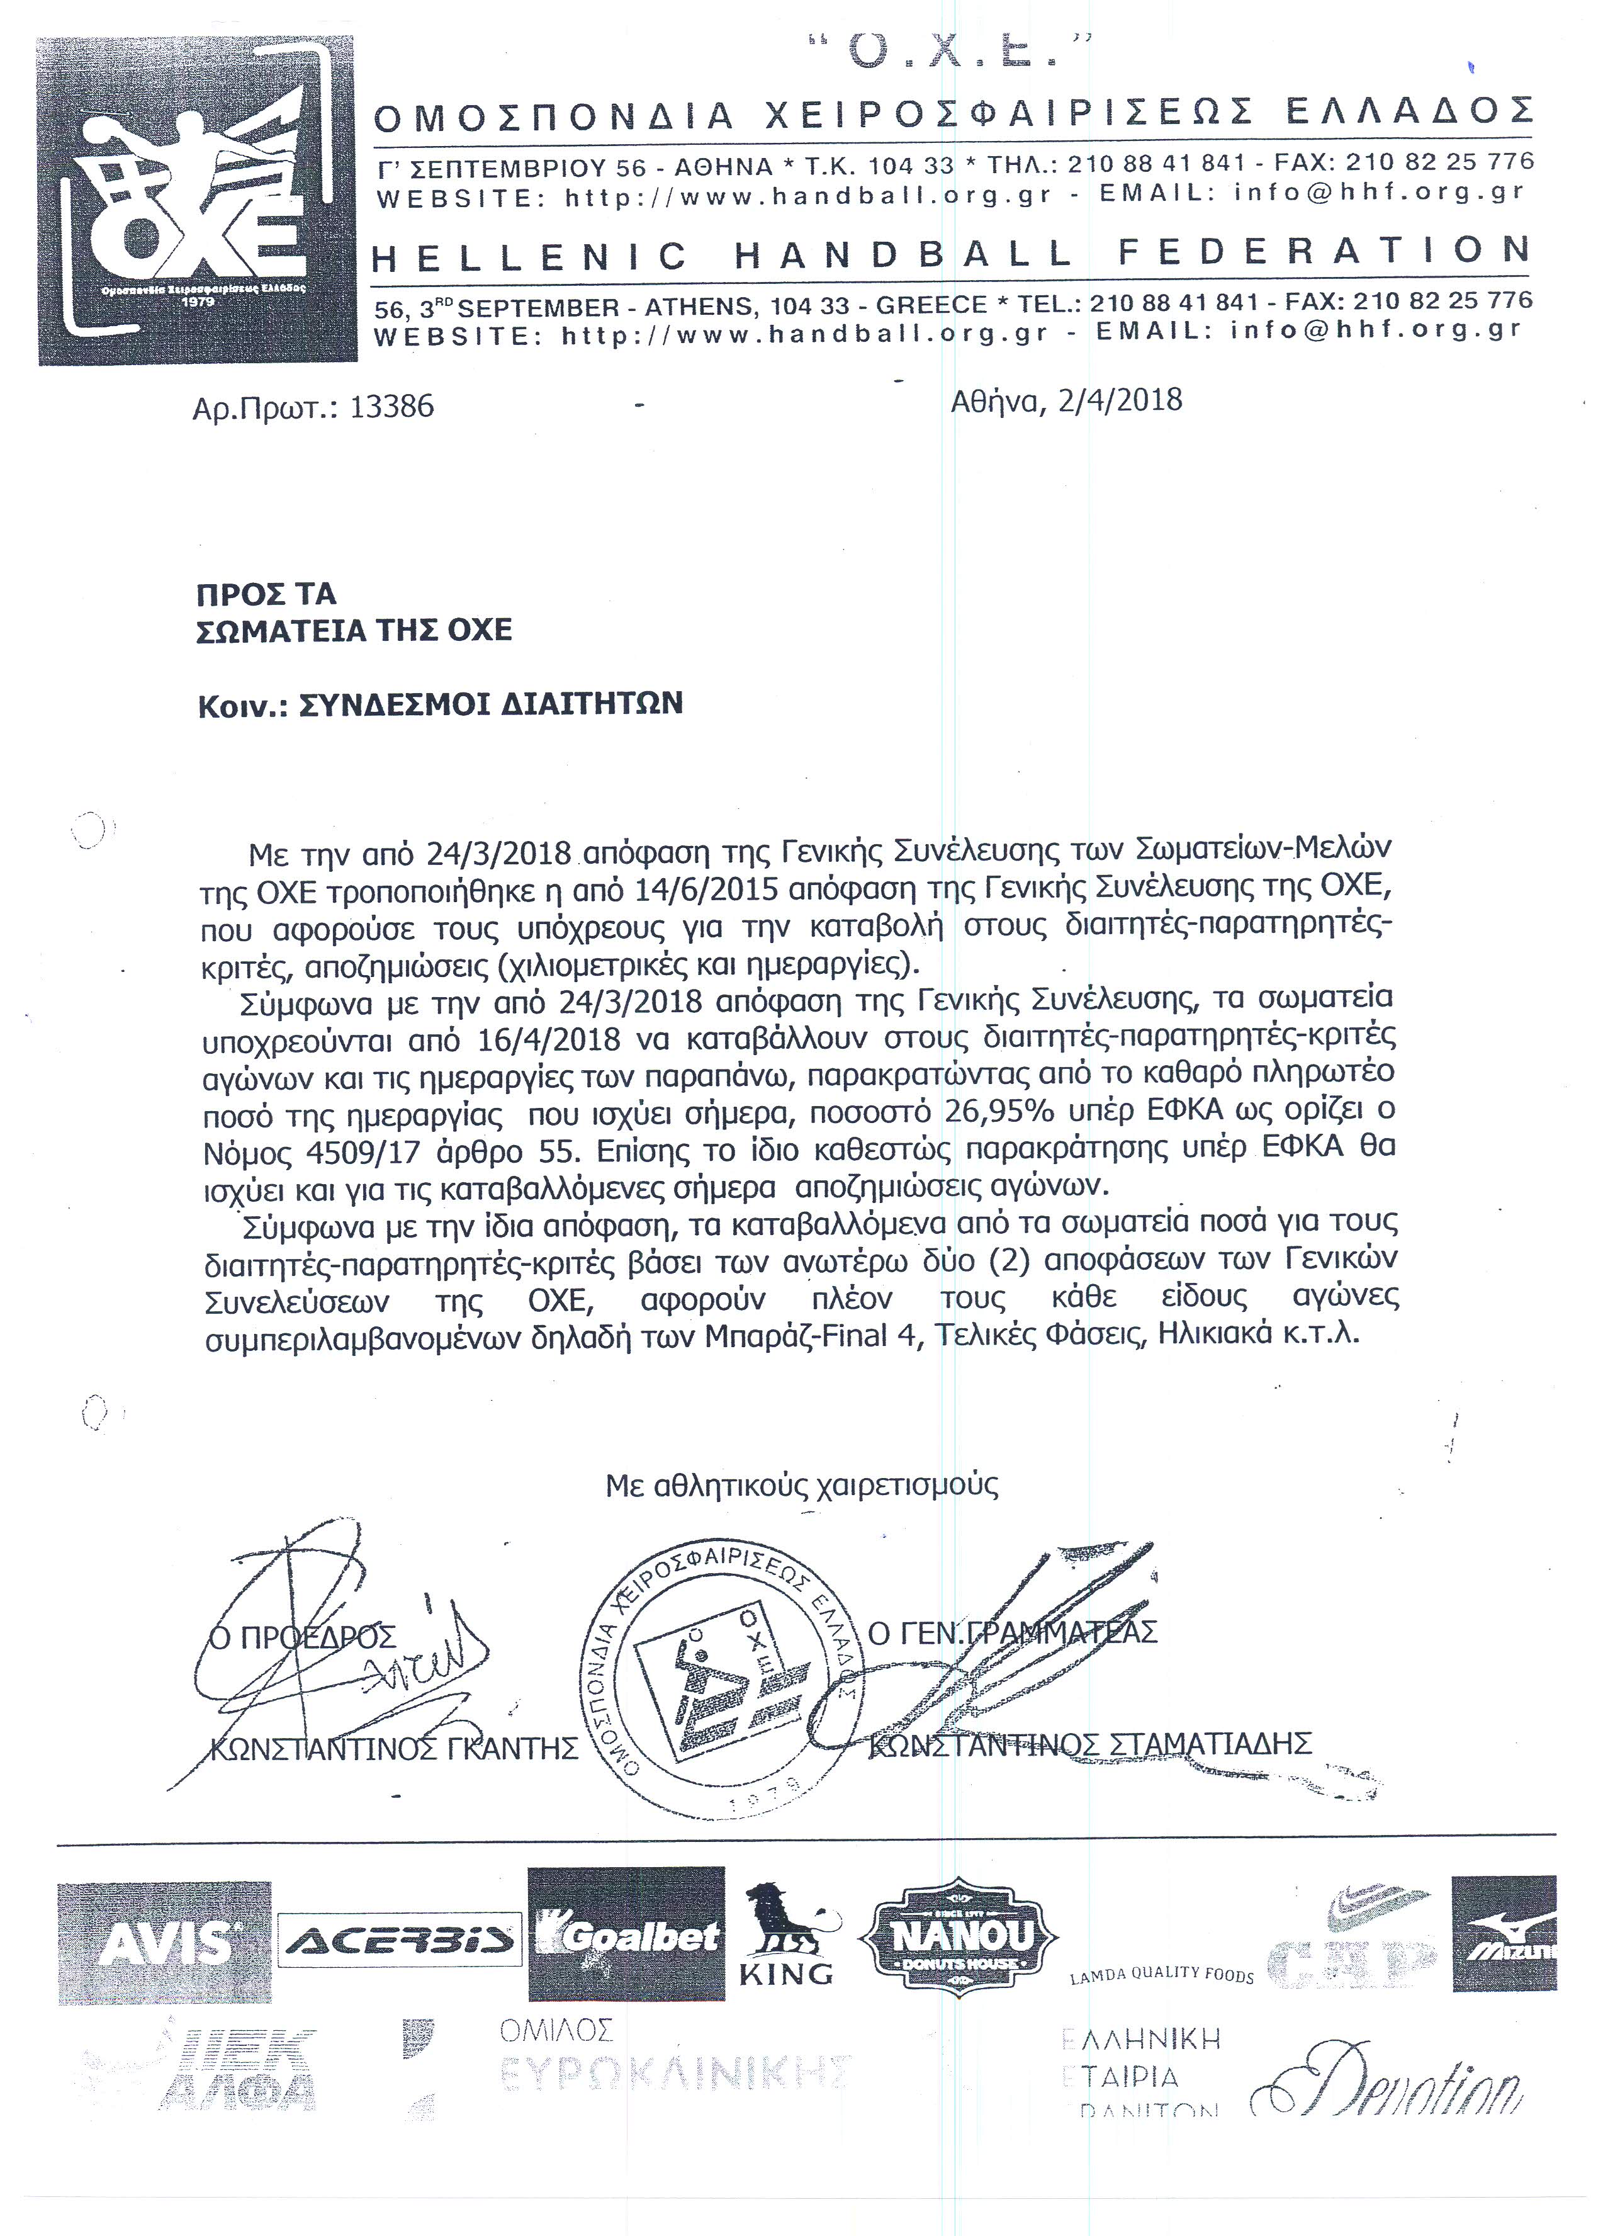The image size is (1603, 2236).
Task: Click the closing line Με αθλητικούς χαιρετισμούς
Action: [802, 1485]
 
